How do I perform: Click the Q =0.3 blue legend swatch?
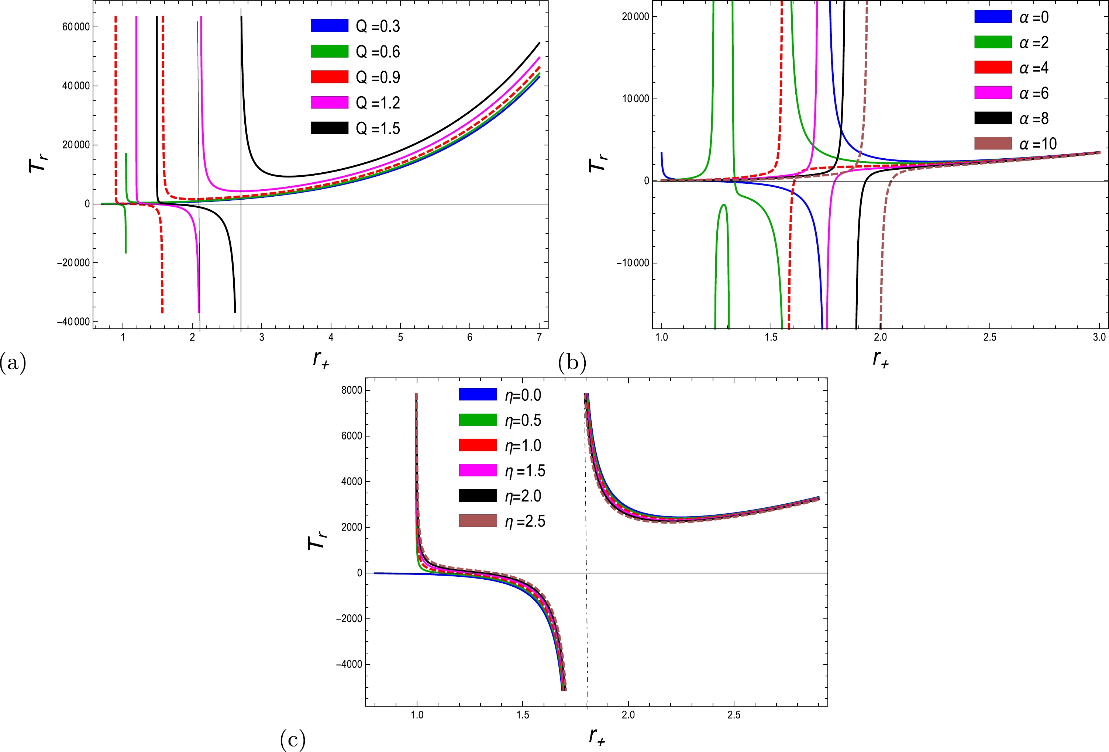(x=329, y=26)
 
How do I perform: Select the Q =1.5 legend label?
(x=378, y=128)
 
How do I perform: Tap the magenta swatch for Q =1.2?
(x=329, y=103)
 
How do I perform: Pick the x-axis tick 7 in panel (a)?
(x=539, y=337)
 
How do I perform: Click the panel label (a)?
(x=13, y=363)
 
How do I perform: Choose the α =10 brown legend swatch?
(x=993, y=144)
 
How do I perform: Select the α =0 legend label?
(x=1034, y=18)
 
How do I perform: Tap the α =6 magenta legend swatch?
(x=993, y=93)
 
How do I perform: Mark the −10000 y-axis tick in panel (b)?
(x=633, y=263)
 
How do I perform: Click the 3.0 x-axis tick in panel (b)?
(x=1099, y=337)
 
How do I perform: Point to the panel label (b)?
(x=572, y=363)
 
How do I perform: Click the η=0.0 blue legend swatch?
(x=478, y=394)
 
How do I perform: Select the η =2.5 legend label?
(x=525, y=521)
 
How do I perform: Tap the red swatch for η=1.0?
(x=478, y=445)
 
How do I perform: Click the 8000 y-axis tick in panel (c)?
(x=352, y=390)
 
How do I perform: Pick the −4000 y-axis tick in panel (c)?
(x=349, y=665)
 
